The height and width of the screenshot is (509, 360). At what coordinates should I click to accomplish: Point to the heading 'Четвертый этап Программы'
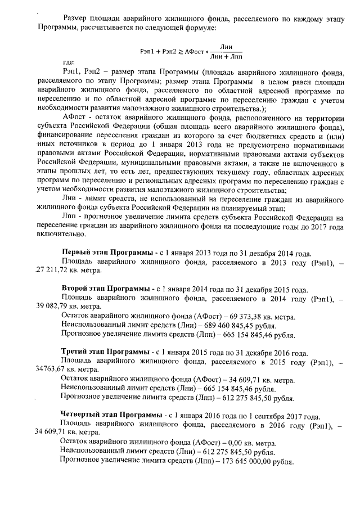tap(110, 415)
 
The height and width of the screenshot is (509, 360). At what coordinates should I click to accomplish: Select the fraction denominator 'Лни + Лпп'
tap(226, 56)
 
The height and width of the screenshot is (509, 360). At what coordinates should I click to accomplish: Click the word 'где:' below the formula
tap(70, 63)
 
